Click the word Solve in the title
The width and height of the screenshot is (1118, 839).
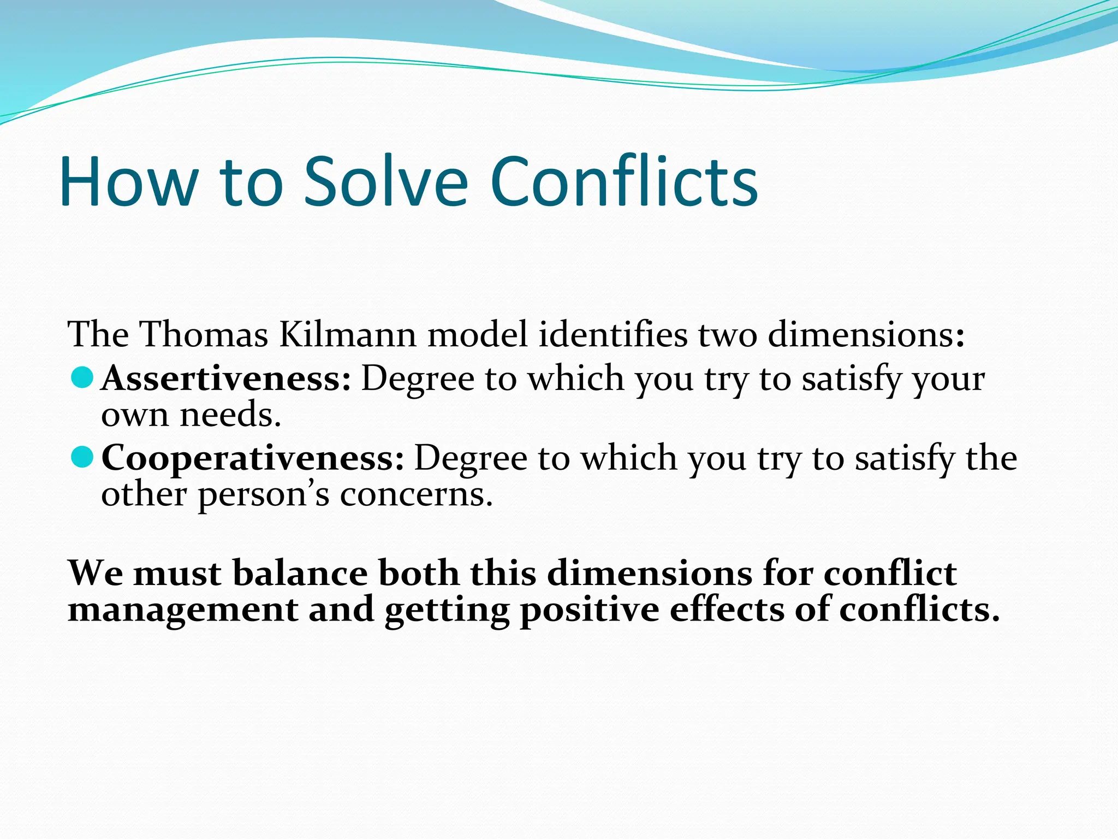[385, 181]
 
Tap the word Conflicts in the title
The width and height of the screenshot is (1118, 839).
[624, 181]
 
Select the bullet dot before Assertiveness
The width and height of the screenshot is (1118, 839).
[82, 377]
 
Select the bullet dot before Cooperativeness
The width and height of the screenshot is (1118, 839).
[82, 457]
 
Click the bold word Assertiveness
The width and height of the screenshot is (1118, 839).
[226, 378]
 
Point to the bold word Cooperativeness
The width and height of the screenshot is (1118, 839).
[253, 458]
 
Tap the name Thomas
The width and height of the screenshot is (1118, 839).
[204, 334]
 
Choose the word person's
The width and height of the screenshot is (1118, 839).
[263, 495]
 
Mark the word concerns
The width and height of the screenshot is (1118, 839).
[416, 495]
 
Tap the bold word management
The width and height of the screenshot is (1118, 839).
[183, 610]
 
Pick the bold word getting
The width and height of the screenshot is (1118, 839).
[447, 611]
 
